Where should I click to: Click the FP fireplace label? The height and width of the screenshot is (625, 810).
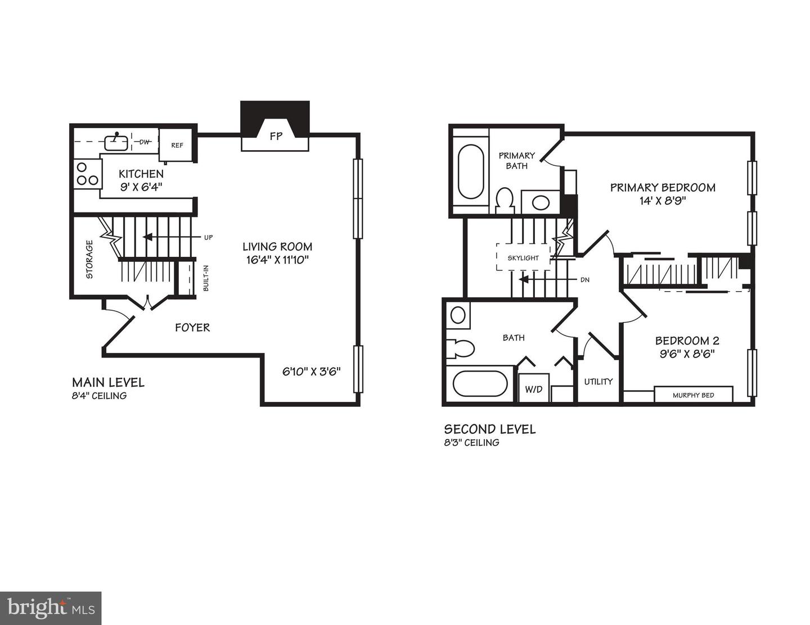click(x=275, y=136)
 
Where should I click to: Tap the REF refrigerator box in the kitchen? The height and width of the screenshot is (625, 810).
click(x=177, y=145)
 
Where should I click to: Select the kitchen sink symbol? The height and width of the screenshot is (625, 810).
click(x=116, y=142)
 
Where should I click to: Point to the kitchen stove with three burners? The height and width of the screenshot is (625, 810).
click(x=87, y=174)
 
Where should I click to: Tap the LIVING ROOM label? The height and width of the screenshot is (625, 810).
click(x=277, y=247)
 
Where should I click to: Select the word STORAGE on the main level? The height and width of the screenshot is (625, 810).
click(x=89, y=260)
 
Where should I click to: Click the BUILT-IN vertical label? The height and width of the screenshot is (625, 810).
click(x=206, y=278)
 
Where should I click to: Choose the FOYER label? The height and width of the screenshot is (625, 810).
click(x=192, y=327)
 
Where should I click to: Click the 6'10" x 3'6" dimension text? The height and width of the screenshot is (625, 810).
click(x=311, y=372)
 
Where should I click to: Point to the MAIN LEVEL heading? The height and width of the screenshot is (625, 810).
click(x=108, y=383)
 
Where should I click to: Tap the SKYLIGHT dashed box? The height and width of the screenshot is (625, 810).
click(x=523, y=257)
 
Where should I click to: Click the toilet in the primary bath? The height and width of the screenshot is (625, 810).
click(x=505, y=201)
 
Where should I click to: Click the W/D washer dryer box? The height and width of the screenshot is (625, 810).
click(x=534, y=388)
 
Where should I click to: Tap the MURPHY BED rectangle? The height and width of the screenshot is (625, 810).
click(x=693, y=395)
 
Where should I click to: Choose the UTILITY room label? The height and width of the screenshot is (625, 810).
click(x=598, y=382)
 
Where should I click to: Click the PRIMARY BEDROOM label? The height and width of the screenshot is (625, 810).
click(x=663, y=188)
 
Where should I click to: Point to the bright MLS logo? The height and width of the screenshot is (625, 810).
click(x=51, y=608)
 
